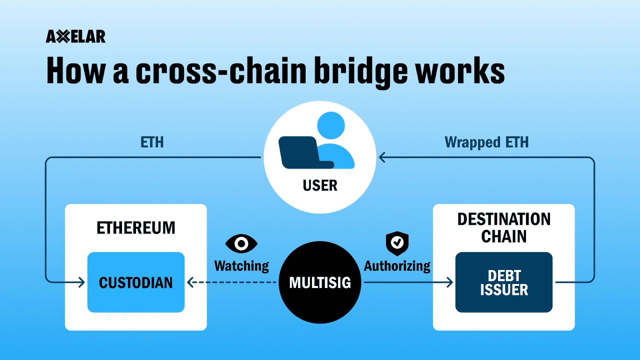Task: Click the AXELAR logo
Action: point(75,36)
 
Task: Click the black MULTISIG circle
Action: point(320,282)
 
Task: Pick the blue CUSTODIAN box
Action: point(135,282)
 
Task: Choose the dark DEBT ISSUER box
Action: point(503,282)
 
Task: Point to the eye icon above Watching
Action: point(241,243)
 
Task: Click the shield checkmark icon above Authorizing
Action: point(396,242)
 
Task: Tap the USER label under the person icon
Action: point(320,186)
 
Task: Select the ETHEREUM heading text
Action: point(135,228)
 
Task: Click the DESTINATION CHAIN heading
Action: point(503,227)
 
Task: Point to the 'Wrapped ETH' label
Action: point(486,142)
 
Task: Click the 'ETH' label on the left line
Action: point(152,142)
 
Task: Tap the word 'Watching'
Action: point(241,265)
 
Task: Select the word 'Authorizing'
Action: point(397,265)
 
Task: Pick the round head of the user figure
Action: point(331,126)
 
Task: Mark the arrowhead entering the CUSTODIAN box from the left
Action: point(81,282)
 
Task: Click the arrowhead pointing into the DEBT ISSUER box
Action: point(449,282)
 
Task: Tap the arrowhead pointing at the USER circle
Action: point(382,158)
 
